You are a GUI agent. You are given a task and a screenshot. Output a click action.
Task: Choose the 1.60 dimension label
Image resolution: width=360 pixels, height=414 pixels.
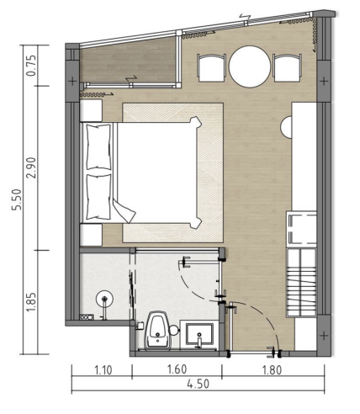pyautogui.click(x=176, y=368)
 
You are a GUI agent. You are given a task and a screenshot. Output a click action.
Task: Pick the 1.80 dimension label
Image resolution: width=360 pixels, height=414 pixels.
pyautogui.click(x=273, y=368)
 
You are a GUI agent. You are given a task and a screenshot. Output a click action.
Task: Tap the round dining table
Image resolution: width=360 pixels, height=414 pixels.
pyautogui.click(x=249, y=66)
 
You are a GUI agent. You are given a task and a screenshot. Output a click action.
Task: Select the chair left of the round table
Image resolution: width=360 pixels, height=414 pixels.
pyautogui.click(x=210, y=67)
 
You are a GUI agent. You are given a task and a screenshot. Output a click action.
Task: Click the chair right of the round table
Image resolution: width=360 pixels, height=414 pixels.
pyautogui.click(x=288, y=67)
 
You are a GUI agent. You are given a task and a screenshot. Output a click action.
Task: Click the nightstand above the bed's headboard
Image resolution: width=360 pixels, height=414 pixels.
pyautogui.click(x=91, y=110)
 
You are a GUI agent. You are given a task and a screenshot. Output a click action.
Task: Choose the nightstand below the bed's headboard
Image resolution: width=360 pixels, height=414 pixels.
pyautogui.click(x=91, y=233)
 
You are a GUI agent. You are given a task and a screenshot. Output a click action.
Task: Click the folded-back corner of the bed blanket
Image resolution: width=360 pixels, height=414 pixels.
pyautogui.click(x=126, y=207)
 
